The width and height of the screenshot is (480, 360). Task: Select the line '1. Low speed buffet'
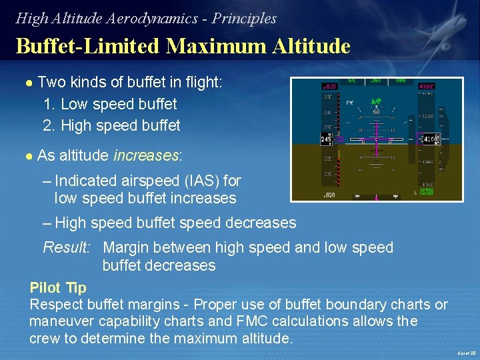110,104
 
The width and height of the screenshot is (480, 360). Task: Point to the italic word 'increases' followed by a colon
146,155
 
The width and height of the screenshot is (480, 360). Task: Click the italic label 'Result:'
67,247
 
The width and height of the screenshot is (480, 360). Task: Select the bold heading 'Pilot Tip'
58,287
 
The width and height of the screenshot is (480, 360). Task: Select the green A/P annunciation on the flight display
376,102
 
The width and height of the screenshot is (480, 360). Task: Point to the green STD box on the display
426,192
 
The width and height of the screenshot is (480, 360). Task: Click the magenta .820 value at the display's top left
331,86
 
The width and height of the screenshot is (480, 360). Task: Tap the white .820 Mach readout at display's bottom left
329,195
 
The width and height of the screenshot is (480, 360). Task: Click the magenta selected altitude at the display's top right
426,86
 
